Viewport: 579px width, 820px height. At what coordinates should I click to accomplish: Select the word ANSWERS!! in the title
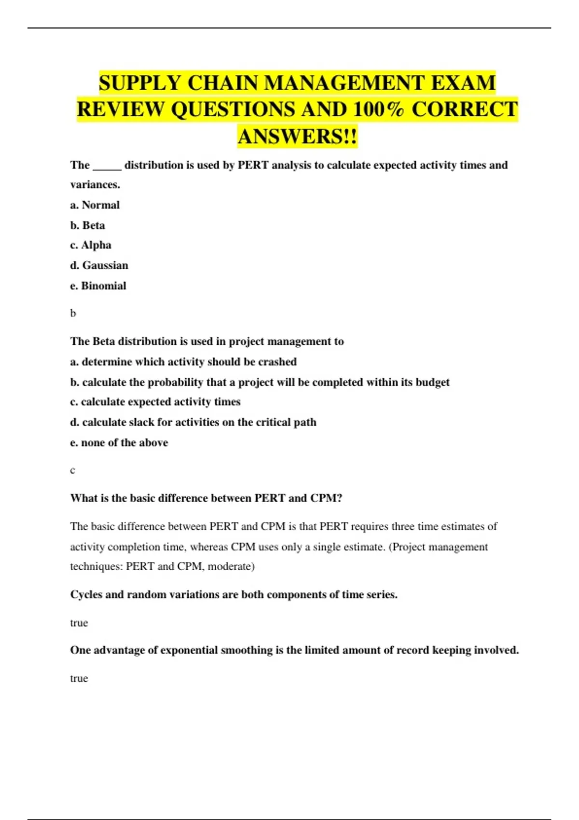pos(297,137)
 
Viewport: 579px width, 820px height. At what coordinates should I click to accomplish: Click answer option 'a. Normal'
pos(95,205)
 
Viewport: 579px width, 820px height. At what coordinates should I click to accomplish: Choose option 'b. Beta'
pos(87,225)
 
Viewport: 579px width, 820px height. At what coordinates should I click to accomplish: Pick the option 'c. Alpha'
pos(91,245)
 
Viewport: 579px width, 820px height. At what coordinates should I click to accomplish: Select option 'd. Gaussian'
pos(99,265)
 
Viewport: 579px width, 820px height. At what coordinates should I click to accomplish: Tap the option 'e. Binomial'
pos(98,286)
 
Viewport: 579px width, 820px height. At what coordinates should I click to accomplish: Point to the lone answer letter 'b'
pos(73,314)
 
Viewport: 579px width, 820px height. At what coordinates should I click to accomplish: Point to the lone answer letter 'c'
pos(72,470)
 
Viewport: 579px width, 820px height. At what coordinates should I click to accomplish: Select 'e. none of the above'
pos(119,442)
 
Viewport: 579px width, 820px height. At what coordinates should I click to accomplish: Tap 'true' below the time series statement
pos(79,623)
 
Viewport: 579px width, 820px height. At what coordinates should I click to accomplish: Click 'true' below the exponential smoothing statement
pos(79,678)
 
